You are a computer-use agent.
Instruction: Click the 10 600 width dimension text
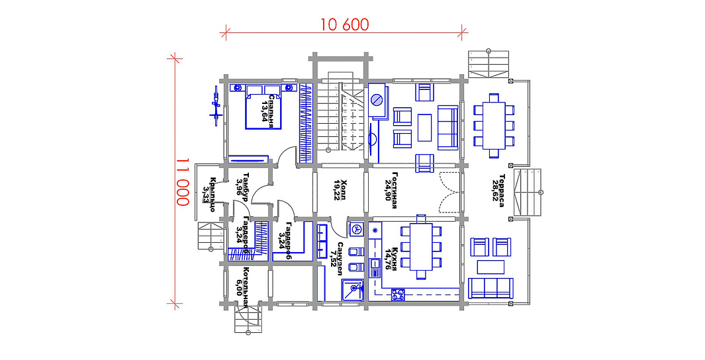(x=344, y=25)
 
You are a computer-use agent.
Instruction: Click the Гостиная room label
(x=398, y=191)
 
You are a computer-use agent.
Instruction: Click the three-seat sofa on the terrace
(x=491, y=288)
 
